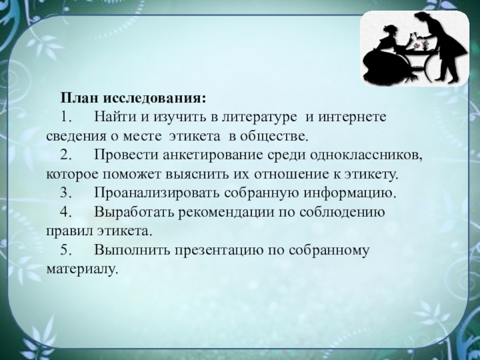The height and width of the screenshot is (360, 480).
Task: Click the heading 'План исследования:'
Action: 133,98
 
